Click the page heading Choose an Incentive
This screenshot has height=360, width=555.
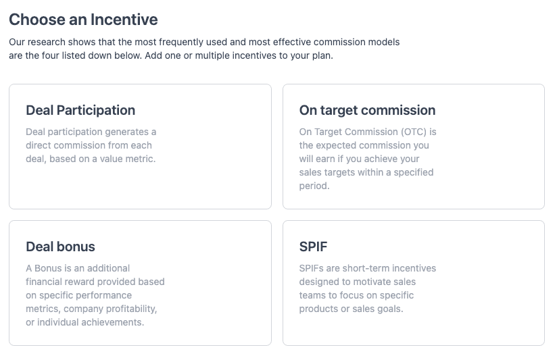click(x=83, y=20)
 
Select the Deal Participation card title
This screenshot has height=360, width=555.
click(x=80, y=110)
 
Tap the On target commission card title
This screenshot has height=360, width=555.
click(x=367, y=110)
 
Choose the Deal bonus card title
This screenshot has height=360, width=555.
click(x=60, y=247)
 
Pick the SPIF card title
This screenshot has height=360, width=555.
click(x=313, y=247)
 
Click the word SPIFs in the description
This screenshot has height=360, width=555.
click(x=312, y=268)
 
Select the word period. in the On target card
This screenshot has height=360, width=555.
click(x=314, y=186)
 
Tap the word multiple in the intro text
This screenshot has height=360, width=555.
click(x=212, y=55)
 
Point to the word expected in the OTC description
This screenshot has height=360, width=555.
click(x=342, y=145)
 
